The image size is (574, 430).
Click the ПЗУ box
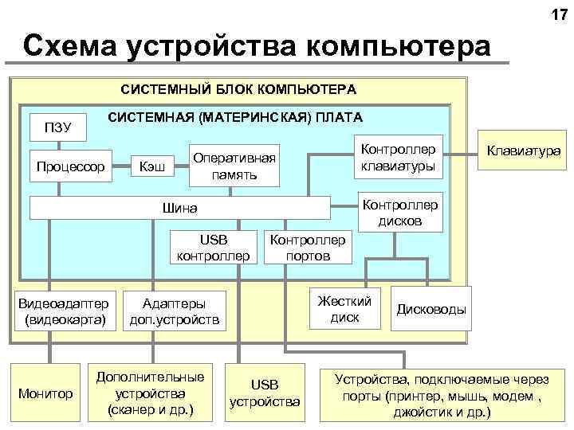(57, 127)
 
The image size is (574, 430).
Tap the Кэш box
(152, 166)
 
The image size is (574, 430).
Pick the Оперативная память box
(235, 166)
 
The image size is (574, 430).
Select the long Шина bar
(179, 208)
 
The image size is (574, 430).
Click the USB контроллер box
(214, 248)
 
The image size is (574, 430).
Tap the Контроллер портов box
(309, 248)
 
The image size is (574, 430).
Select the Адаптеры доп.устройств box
(173, 311)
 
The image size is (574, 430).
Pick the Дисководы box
(431, 309)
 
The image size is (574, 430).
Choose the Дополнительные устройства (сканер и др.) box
(151, 393)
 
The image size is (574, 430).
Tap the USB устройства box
(265, 393)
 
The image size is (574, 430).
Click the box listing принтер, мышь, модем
(442, 393)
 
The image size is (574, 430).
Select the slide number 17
(558, 15)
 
